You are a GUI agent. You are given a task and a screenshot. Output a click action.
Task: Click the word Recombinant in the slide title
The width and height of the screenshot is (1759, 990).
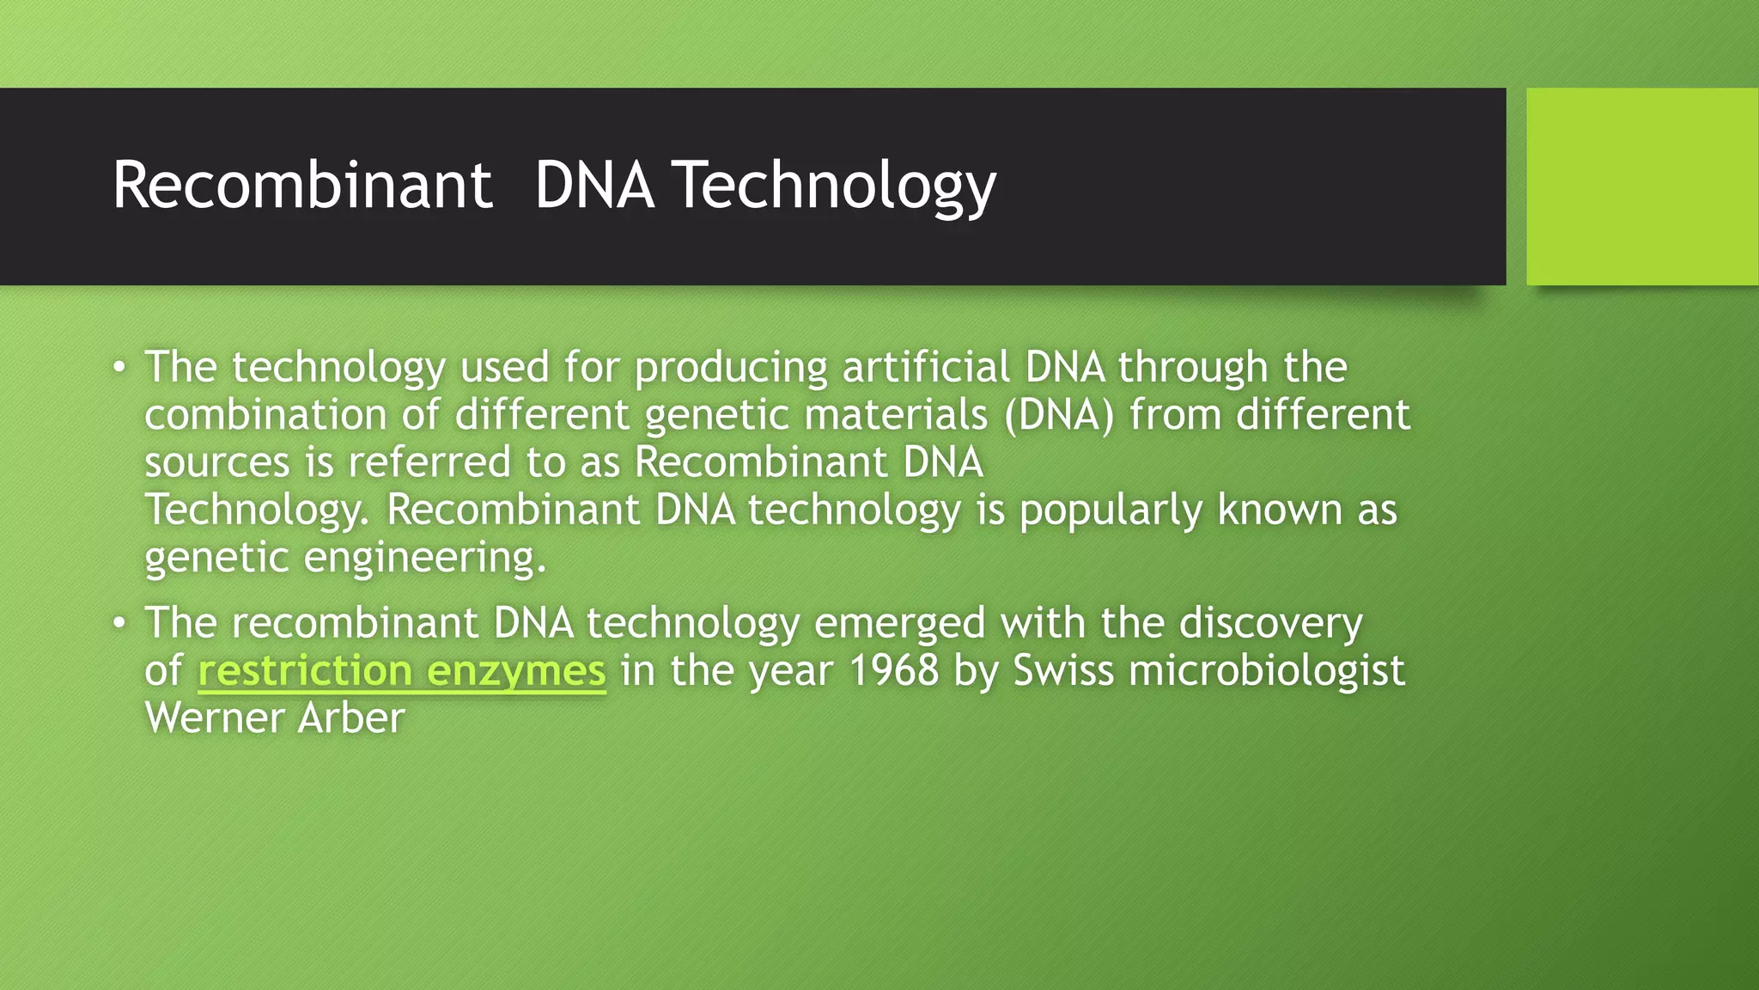[302, 185]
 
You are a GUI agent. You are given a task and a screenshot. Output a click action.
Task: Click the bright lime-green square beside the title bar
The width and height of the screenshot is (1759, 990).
[1641, 186]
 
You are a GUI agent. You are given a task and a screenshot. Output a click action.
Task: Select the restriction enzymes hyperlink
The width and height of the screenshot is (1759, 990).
[402, 671]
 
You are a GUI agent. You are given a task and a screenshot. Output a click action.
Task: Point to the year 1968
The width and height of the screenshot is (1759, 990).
[894, 671]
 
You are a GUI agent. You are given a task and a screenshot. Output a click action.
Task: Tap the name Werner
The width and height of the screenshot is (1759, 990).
[214, 718]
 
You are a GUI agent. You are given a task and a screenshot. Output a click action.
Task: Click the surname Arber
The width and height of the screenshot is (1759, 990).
[351, 718]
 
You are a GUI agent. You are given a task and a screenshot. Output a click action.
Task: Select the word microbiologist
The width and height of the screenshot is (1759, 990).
[1267, 671]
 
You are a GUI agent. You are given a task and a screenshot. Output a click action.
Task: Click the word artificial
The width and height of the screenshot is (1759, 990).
[925, 368]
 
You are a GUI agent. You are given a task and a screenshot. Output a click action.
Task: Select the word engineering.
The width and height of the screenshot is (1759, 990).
[425, 559]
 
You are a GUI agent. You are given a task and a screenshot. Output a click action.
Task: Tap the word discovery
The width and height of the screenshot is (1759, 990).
[1270, 623]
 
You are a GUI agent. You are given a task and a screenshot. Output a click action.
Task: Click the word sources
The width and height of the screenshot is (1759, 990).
[217, 463]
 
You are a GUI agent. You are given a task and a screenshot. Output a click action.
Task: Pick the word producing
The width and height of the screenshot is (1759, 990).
[731, 368]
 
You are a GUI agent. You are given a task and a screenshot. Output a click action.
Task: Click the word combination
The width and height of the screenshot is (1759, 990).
[265, 415]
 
